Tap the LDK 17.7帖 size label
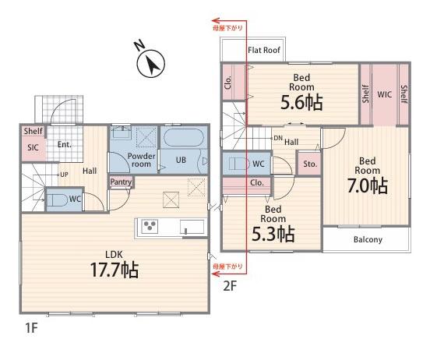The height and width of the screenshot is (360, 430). click(x=114, y=270)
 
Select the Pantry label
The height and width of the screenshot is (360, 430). click(x=121, y=182)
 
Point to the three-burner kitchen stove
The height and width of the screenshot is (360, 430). click(x=150, y=227)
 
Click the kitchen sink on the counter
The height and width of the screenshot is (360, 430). click(x=192, y=227)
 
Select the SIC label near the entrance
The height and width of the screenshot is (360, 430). click(x=33, y=147)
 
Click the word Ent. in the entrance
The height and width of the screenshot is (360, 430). click(x=65, y=144)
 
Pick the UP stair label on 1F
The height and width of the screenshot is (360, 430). click(x=64, y=175)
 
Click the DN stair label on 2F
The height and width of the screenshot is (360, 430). click(x=278, y=138)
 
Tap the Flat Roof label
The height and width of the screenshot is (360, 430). click(x=264, y=50)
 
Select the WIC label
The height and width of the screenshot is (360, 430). click(x=385, y=94)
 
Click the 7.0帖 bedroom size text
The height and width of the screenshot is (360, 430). click(x=368, y=185)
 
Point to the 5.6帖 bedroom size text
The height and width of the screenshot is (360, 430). click(x=301, y=103)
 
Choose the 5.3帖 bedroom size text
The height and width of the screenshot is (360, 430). click(x=273, y=234)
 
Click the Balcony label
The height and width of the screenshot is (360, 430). click(x=368, y=239)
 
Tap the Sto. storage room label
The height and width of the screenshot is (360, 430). click(x=310, y=164)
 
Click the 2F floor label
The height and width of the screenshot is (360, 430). click(x=230, y=286)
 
